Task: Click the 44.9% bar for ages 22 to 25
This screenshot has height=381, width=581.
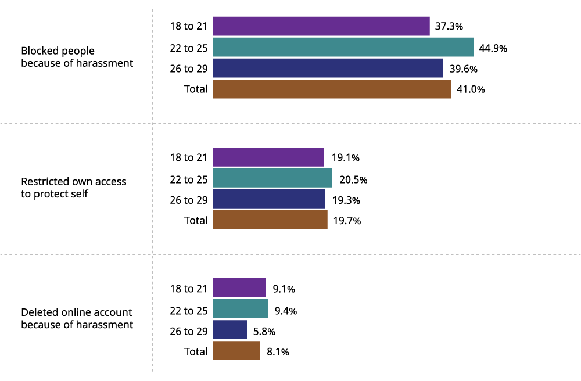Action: coord(343,47)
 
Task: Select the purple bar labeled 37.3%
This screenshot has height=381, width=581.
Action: coord(321,26)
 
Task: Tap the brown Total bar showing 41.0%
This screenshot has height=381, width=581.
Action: coord(332,89)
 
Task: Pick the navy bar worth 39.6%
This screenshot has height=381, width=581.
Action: coord(328,68)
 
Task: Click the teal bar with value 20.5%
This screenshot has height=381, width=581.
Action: coord(272,178)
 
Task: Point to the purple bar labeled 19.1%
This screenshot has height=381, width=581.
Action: coord(268,157)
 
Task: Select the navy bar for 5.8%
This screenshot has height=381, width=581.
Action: coord(230,330)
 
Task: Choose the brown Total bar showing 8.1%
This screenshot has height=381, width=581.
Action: coord(236,351)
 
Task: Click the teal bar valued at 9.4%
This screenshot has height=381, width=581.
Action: coord(241,309)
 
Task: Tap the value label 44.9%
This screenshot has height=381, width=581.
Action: coord(493,48)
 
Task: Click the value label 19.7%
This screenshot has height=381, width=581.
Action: coord(347,221)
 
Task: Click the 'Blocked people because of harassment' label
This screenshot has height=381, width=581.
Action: coord(77,57)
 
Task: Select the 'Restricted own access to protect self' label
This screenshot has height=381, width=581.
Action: coord(73,188)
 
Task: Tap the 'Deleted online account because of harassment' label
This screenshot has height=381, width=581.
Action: coord(77,318)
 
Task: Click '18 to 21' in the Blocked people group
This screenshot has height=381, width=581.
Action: coord(188,27)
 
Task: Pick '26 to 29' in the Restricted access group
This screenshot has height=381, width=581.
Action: coord(188,200)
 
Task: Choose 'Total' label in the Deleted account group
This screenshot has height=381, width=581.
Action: coord(195,351)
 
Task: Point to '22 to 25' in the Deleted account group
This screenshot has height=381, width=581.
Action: coord(188,310)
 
